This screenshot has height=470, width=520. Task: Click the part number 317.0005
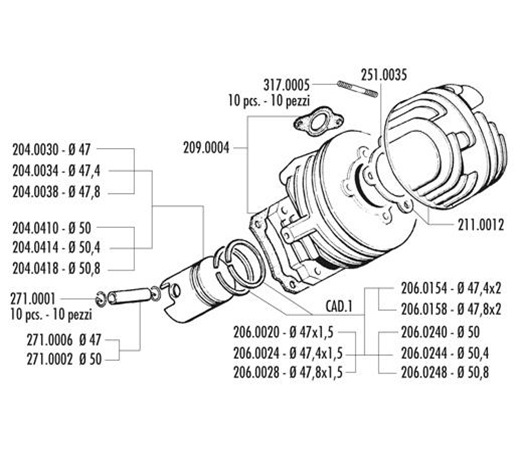coord(286,85)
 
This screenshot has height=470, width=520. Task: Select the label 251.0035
coord(384,75)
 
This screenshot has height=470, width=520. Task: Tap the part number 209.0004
coord(206,148)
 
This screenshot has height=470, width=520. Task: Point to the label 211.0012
coord(481,225)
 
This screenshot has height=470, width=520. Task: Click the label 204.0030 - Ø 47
coord(51,149)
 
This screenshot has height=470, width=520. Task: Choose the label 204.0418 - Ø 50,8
coord(56,268)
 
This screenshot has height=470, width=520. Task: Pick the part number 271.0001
coord(33,299)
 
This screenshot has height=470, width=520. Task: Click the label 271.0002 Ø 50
coord(64,359)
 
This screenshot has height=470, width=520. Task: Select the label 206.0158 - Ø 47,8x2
coord(451,309)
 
